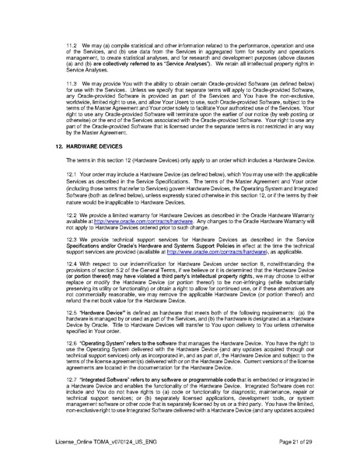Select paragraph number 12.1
tap(74, 174)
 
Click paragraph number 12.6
tap(74, 352)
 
